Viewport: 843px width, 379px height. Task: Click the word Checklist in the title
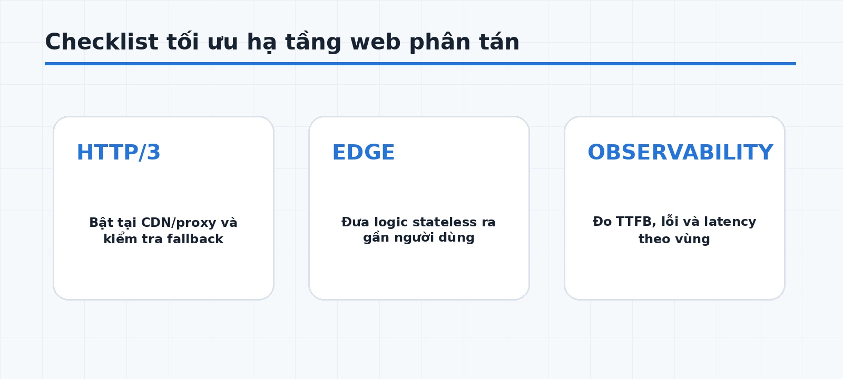pos(102,42)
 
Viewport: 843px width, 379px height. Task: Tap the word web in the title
pos(375,42)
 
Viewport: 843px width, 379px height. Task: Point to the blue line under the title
pos(420,64)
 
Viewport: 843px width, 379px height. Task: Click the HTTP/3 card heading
pos(119,152)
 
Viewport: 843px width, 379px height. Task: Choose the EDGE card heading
pos(364,152)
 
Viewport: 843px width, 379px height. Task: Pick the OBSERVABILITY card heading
pos(680,152)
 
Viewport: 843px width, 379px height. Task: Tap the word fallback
pos(195,239)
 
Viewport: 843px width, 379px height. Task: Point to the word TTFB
pos(635,222)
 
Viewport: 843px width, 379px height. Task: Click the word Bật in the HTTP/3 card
pos(101,223)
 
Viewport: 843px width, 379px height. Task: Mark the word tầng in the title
pos(313,42)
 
